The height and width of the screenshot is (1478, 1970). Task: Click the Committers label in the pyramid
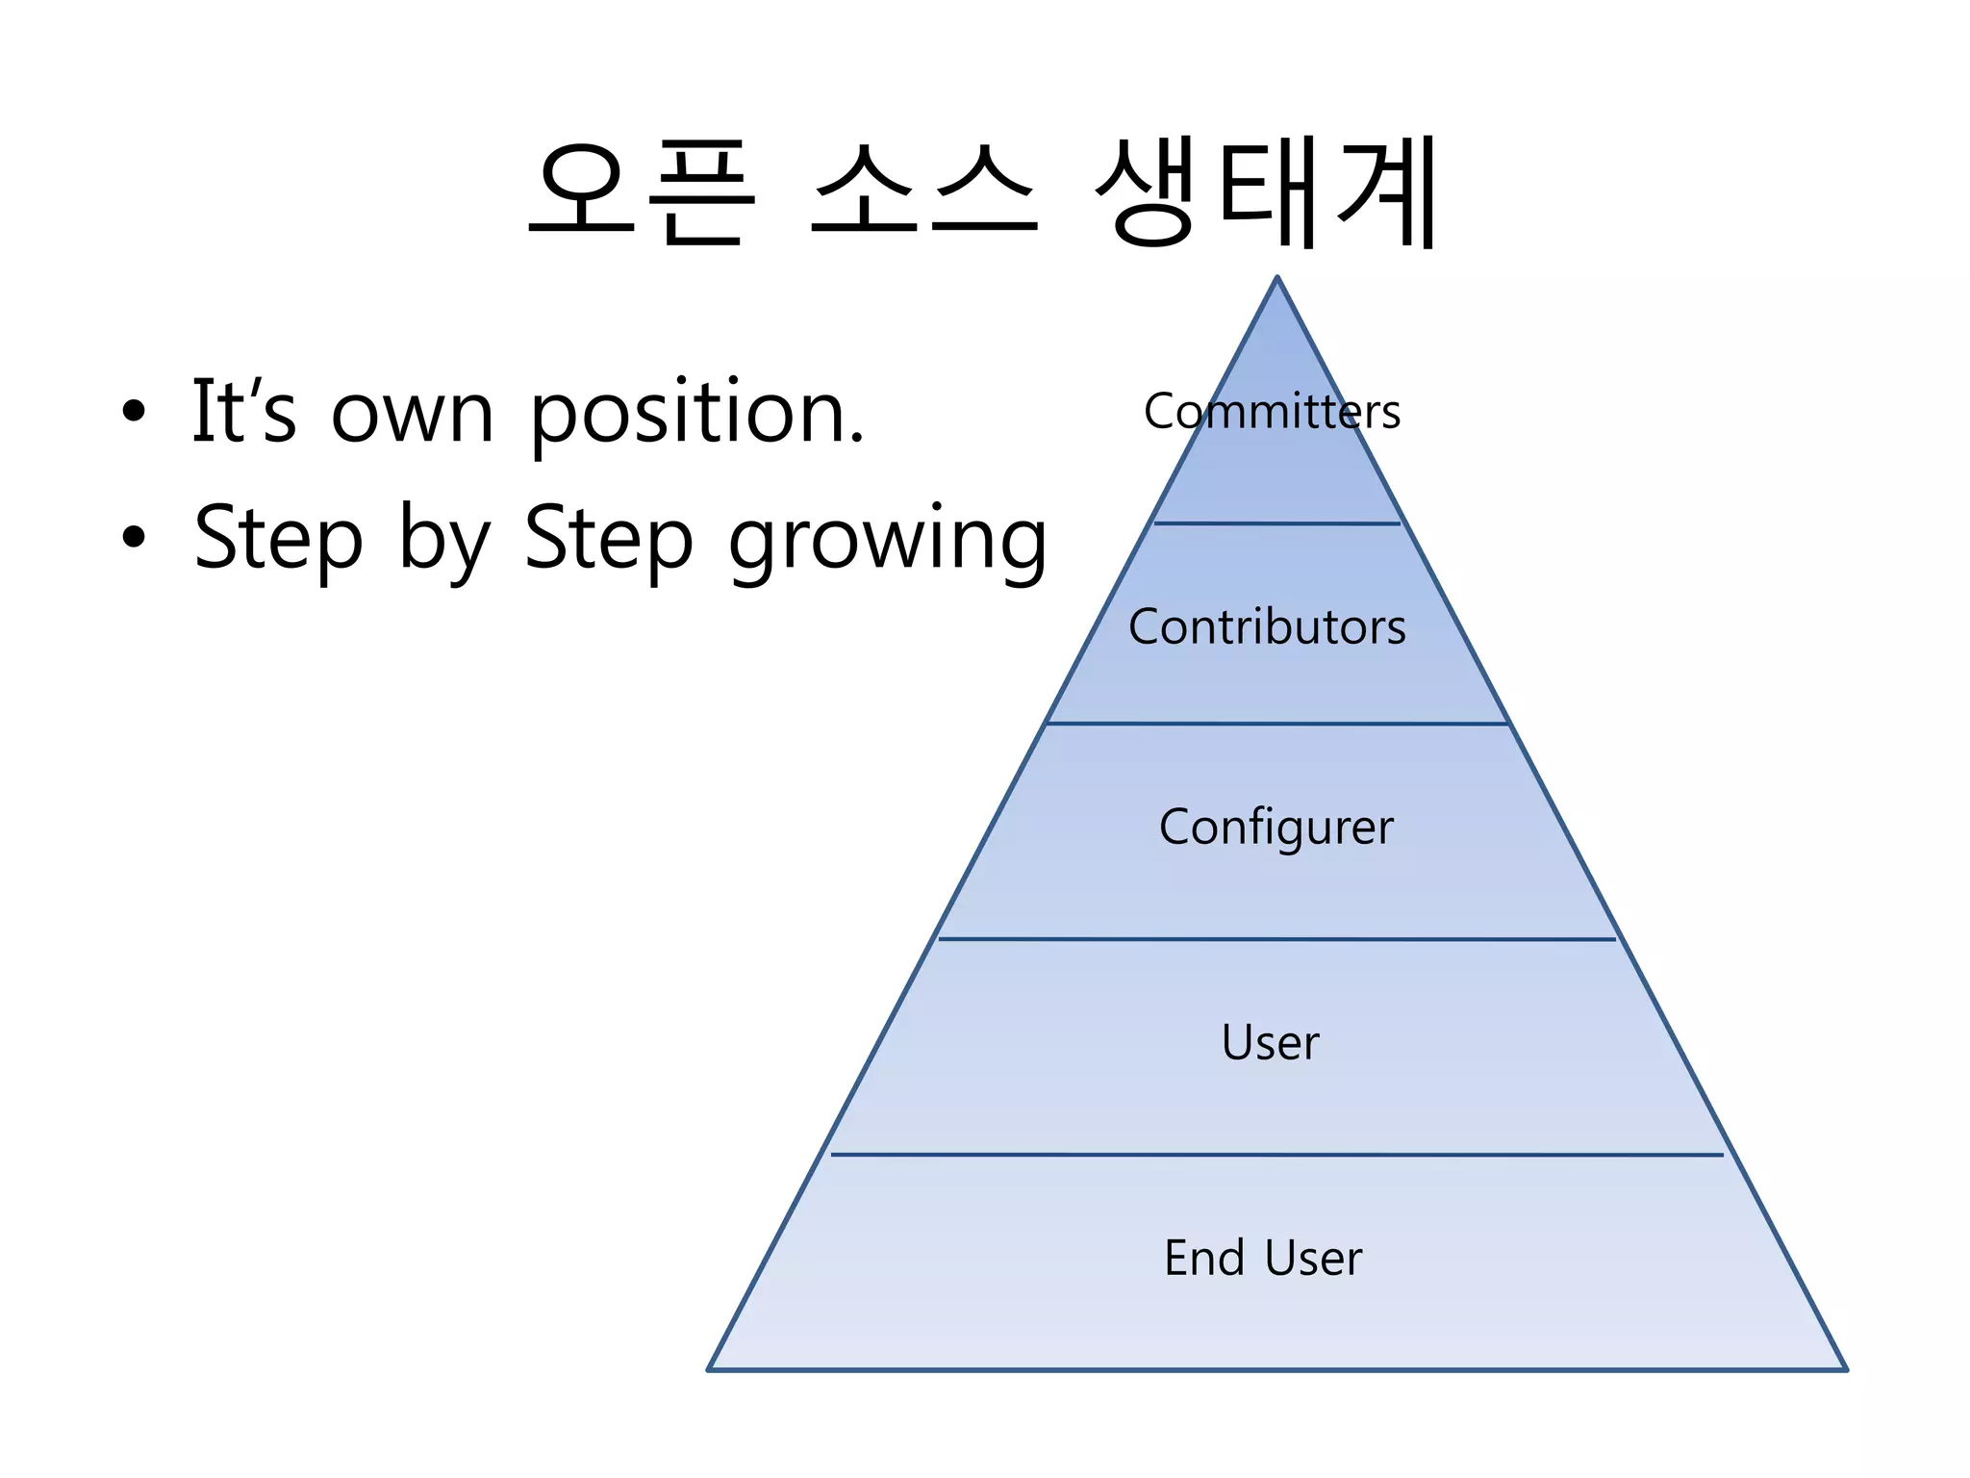[x=1272, y=412]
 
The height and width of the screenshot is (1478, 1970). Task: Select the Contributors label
[x=1267, y=627]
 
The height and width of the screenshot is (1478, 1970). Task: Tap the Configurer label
[x=1275, y=828]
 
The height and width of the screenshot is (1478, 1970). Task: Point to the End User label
[x=1263, y=1258]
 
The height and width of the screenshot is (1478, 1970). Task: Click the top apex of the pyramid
[x=1277, y=278]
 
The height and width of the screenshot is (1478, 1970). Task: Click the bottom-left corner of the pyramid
[x=710, y=1368]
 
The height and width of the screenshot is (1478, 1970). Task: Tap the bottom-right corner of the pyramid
[x=1845, y=1368]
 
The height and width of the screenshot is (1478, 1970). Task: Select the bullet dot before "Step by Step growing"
[x=134, y=538]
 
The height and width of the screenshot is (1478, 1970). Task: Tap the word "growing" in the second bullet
[x=887, y=542]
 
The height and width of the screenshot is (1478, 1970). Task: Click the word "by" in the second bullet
[x=443, y=542]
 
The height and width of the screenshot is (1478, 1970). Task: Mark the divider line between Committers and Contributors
[x=1276, y=523]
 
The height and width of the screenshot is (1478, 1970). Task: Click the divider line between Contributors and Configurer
[x=1276, y=723]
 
